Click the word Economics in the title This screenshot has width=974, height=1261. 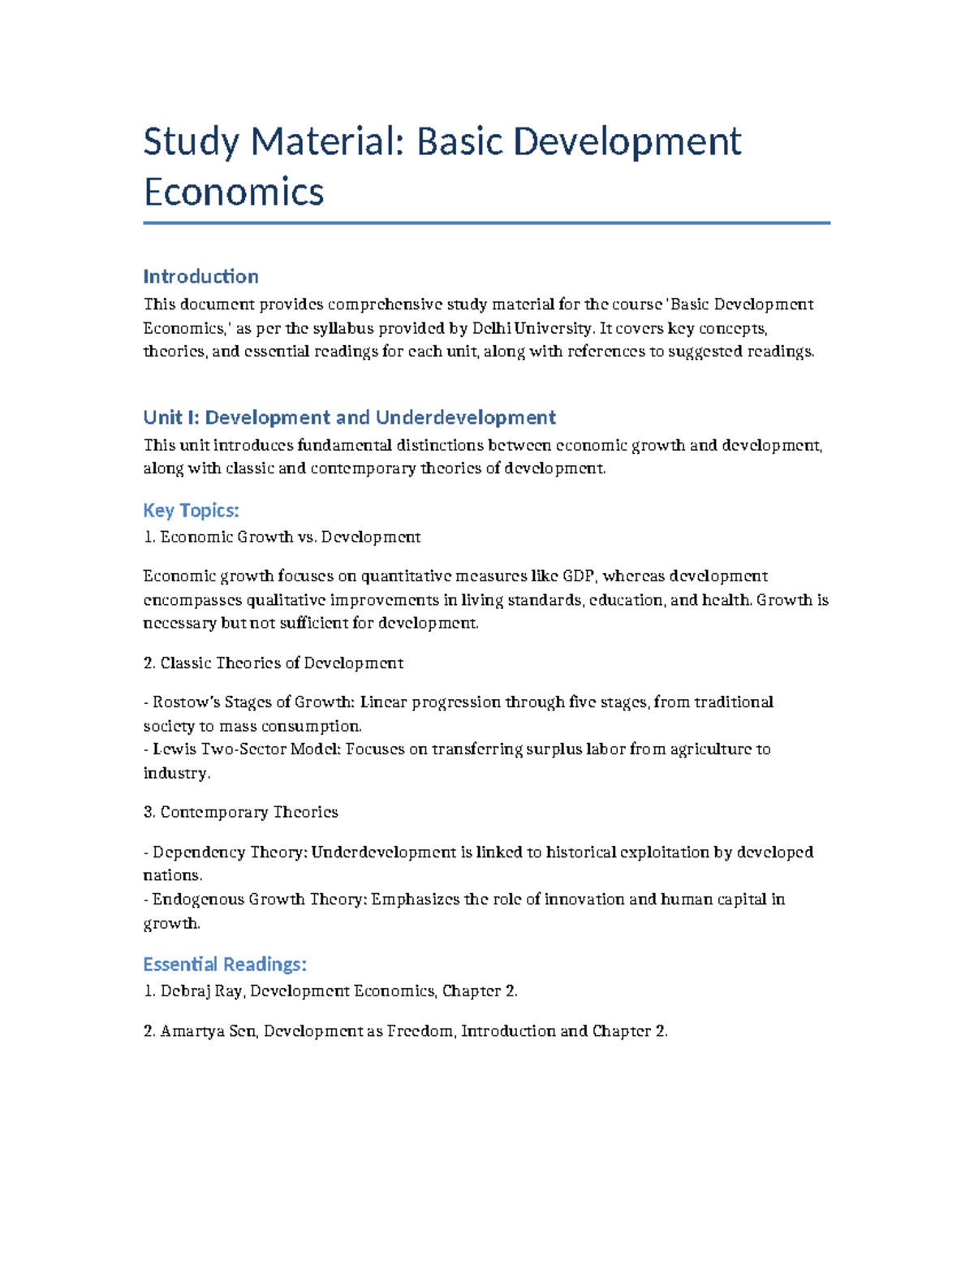click(234, 192)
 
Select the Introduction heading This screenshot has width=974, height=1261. click(200, 276)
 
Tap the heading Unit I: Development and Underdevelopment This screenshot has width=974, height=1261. click(349, 417)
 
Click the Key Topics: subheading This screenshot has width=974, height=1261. click(191, 510)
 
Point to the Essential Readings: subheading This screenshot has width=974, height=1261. click(225, 964)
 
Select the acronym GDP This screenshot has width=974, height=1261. click(579, 576)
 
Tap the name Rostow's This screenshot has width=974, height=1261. click(186, 702)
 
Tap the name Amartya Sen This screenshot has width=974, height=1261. click(208, 1030)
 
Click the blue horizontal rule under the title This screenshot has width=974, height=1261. click(486, 222)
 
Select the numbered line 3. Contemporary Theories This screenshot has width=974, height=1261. click(240, 812)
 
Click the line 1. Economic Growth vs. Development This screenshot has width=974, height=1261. click(282, 537)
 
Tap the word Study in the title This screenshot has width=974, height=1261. click(192, 142)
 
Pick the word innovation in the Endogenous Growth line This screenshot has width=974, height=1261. click(584, 899)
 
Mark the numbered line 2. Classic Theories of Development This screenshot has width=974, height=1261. click(273, 663)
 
